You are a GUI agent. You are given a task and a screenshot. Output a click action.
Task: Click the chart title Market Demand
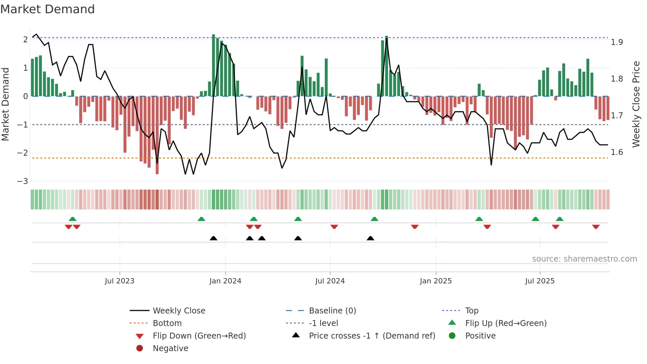[x=48, y=9]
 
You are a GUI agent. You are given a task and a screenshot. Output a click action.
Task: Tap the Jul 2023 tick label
[x=119, y=281]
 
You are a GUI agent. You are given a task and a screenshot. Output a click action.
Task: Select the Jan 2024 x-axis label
[x=225, y=281]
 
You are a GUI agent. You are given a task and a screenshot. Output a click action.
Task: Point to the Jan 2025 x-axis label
[x=435, y=281]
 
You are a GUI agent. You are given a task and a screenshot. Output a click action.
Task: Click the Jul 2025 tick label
[x=540, y=281]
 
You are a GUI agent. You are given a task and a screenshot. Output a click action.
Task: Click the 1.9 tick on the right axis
[x=617, y=42]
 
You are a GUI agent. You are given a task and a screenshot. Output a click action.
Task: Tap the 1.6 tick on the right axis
[x=617, y=152]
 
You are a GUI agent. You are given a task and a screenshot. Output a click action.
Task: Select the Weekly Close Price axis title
[x=636, y=104]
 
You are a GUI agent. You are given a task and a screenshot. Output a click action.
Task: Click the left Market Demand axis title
[x=5, y=104]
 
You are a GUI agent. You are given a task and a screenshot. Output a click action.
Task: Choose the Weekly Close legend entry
[x=179, y=311]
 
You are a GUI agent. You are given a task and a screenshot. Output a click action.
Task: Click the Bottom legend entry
[x=167, y=323]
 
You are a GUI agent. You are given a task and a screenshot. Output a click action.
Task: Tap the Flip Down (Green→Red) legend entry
[x=199, y=336]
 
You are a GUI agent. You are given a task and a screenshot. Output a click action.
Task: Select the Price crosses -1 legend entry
[x=372, y=336]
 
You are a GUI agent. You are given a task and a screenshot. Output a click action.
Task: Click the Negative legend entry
[x=170, y=348]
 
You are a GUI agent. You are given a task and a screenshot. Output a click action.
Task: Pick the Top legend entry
[x=471, y=311]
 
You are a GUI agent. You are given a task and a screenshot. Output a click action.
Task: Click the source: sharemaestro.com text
[x=584, y=259]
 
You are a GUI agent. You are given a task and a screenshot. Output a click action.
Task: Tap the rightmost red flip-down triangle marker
[x=596, y=227]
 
